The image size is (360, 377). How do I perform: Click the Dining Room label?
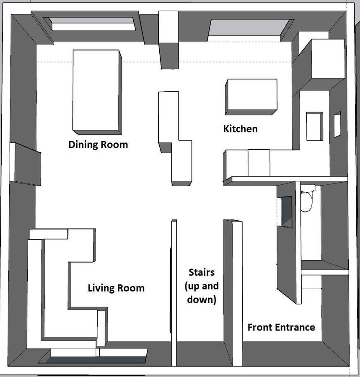(x=98, y=145)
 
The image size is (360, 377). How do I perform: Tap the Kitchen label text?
(x=240, y=129)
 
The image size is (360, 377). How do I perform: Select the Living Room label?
(x=116, y=288)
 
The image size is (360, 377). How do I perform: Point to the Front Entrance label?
(x=281, y=328)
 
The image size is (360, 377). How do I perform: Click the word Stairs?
(x=202, y=272)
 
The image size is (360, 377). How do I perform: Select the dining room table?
(x=97, y=92)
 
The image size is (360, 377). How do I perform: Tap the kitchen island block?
(x=251, y=97)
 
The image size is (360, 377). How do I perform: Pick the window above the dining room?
(x=93, y=24)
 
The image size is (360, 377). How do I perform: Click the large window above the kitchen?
(x=251, y=27)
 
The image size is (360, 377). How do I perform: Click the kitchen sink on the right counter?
(x=315, y=126)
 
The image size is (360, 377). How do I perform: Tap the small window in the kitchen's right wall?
(x=337, y=124)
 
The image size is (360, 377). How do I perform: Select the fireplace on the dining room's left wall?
(x=25, y=164)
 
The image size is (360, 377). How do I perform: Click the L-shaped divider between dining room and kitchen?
(x=175, y=138)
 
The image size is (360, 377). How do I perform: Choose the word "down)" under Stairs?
(x=202, y=300)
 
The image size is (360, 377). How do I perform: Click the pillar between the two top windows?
(x=168, y=40)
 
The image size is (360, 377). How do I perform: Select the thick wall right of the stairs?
(x=233, y=293)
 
